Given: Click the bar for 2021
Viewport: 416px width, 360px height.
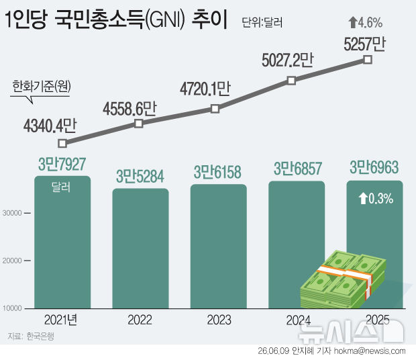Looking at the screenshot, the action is pyautogui.click(x=62, y=242).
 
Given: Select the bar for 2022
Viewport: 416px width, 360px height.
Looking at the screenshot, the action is pyautogui.click(x=140, y=249).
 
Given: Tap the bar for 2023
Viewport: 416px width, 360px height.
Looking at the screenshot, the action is pyautogui.click(x=218, y=246).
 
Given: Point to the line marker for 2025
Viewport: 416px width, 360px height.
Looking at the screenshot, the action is pyautogui.click(x=368, y=60).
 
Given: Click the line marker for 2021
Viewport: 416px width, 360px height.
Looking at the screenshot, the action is pyautogui.click(x=62, y=143).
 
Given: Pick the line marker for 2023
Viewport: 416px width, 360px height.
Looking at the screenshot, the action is pyautogui.click(x=215, y=109).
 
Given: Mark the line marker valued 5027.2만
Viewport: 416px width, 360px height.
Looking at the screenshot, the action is pyautogui.click(x=292, y=81).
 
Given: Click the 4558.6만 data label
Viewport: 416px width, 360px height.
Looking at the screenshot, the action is pyautogui.click(x=129, y=109).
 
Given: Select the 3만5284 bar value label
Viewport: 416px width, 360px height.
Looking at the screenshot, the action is pyautogui.click(x=140, y=176).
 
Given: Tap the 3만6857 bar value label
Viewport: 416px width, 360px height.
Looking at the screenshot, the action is pyautogui.click(x=298, y=169).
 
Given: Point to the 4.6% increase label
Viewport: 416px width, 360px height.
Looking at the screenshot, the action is pyautogui.click(x=366, y=23).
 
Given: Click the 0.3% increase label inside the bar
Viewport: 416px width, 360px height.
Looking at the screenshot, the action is pyautogui.click(x=376, y=199).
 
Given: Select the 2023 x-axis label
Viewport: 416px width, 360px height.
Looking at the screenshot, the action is pyautogui.click(x=219, y=320).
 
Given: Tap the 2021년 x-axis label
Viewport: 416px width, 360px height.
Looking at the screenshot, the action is pyautogui.click(x=61, y=320).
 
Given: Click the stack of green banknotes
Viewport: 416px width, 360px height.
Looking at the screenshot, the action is pyautogui.click(x=343, y=279).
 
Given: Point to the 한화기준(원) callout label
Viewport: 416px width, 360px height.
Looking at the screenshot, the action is pyautogui.click(x=42, y=86).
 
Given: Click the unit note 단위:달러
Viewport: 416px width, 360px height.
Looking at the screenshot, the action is pyautogui.click(x=262, y=22).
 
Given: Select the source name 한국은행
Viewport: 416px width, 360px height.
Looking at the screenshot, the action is pyautogui.click(x=40, y=336).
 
